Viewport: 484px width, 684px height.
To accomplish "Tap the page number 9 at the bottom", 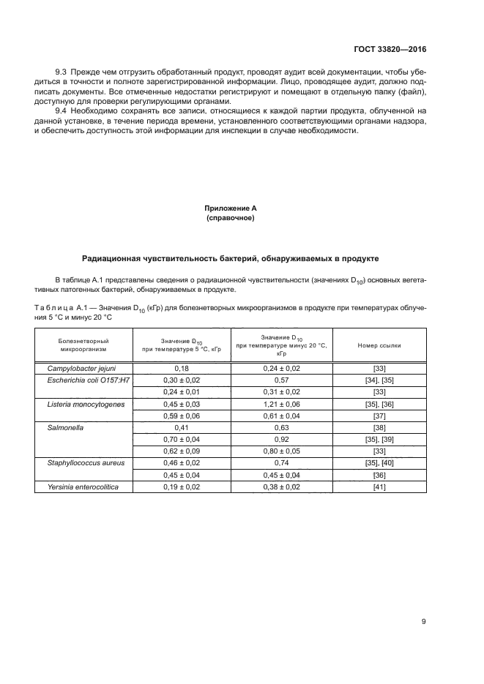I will coord(424,622).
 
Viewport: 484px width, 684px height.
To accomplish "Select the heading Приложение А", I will coord(231,208).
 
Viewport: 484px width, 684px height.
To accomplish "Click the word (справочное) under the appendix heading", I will coord(231,218).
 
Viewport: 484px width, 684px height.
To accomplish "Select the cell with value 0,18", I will coord(182,369).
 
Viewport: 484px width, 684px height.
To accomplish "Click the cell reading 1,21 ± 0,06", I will coord(282,403).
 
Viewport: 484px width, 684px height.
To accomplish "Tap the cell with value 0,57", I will coord(282,380).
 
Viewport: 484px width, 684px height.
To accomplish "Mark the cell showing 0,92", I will coord(282,439).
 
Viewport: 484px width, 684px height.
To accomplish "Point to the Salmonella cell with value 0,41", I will coord(182,427).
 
